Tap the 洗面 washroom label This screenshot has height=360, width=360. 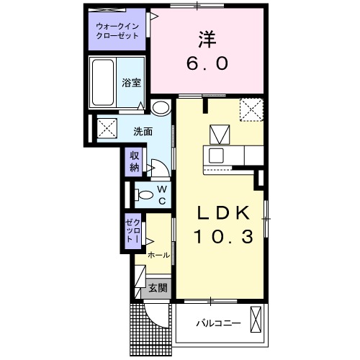(x=142, y=132)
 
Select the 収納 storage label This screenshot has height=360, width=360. (x=135, y=161)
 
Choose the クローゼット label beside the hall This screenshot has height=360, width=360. (x=132, y=231)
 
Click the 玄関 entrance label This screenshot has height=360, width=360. (x=158, y=288)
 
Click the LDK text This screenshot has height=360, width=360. (x=222, y=212)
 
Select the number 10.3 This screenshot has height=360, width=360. (x=222, y=236)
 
